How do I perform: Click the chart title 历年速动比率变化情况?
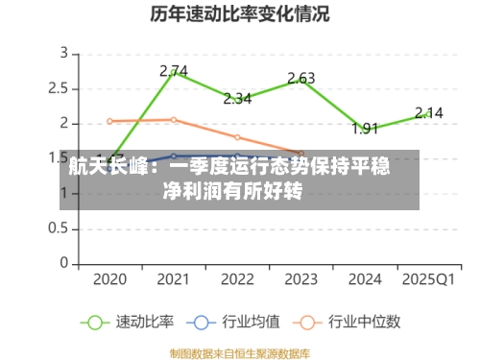pos(240,14)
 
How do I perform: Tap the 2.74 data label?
pos(174,70)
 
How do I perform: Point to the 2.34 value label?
pos(237,98)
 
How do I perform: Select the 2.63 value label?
pos(301,78)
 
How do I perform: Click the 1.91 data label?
pos(365,128)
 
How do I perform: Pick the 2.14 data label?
pos(429,112)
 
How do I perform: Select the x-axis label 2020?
pos(109,279)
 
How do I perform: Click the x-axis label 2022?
pos(237,279)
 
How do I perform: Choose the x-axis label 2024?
pos(365,279)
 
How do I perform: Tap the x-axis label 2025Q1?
pos(429,279)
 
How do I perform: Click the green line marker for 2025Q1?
pos(429,113)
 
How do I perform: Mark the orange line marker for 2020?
pos(109,121)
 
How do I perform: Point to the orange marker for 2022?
pos(237,137)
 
